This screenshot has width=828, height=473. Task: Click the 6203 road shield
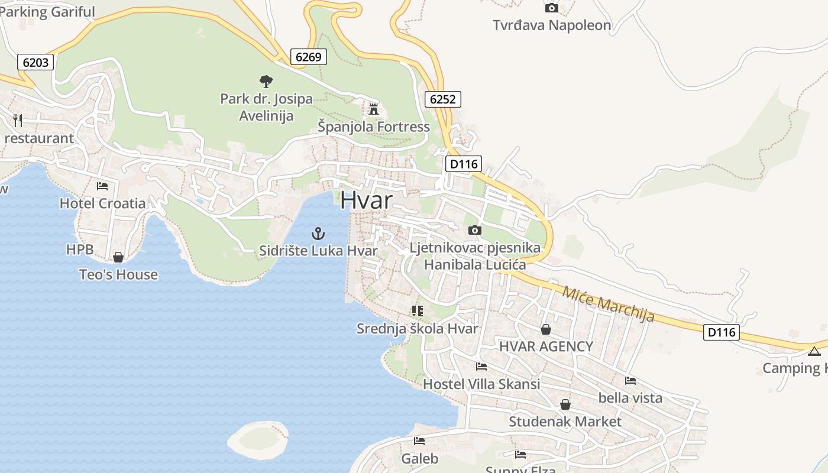(x=36, y=61)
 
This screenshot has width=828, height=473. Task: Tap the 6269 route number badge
(x=308, y=57)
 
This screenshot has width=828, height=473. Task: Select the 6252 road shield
(x=442, y=99)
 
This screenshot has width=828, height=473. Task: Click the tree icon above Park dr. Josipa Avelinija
(x=266, y=81)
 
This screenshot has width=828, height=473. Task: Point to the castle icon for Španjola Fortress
(x=373, y=109)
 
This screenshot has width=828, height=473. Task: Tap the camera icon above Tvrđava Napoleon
(x=551, y=8)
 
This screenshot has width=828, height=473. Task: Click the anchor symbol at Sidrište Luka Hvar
(x=318, y=234)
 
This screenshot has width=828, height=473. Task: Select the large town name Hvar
(x=366, y=200)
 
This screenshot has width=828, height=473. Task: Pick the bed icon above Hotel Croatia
(x=102, y=186)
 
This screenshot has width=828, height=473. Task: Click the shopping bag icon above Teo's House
(x=118, y=257)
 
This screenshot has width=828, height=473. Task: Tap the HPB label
(x=80, y=250)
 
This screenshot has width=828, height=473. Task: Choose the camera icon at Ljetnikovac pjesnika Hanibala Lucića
(x=474, y=230)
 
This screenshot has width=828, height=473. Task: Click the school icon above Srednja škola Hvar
(x=418, y=310)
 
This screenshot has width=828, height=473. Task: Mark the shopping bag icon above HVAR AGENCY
(x=546, y=329)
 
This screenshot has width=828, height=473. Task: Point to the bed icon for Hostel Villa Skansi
(x=481, y=367)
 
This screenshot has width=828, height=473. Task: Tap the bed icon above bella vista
(x=630, y=381)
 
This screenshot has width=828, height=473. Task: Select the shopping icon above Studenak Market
(x=565, y=404)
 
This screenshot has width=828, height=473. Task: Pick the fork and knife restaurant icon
(x=18, y=121)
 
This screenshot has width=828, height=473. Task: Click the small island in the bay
(x=258, y=438)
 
